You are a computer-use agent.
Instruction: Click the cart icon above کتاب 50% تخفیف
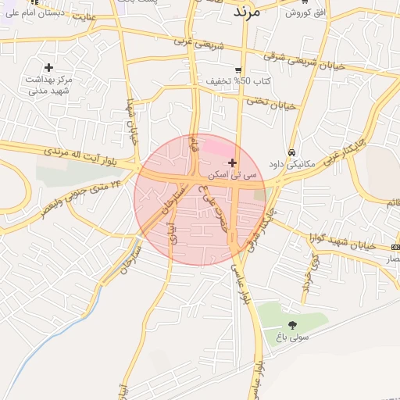click(237, 70)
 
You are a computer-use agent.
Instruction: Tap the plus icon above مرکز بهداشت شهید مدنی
click(49, 68)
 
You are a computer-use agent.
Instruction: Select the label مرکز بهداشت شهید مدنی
click(48, 85)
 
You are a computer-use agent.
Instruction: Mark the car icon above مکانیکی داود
click(291, 152)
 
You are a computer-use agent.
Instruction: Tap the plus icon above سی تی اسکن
click(231, 163)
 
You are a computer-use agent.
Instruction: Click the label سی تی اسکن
click(239, 176)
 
